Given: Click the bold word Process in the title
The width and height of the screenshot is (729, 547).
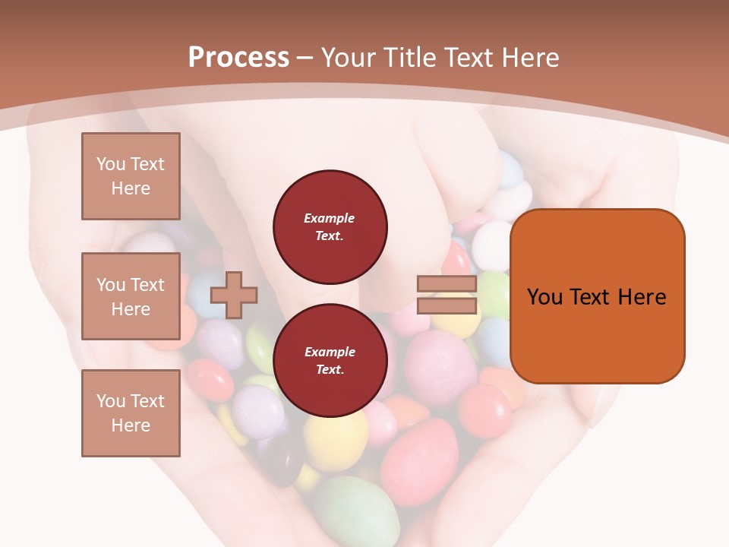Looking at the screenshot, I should pos(238,58).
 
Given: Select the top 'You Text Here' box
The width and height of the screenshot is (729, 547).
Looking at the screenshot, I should pos(131,176).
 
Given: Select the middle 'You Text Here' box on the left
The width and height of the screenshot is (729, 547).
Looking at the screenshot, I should pos(131,296).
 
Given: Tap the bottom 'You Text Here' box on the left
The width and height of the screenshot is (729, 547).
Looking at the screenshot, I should pos(131,413).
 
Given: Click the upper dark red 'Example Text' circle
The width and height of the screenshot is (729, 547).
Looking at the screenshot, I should pos(330,227).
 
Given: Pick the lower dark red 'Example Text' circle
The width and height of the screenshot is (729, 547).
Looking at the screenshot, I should pos(330,361).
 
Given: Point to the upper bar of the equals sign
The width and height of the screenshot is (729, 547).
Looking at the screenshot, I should pos(447,284).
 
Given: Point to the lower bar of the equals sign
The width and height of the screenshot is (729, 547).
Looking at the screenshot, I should pos(447,305).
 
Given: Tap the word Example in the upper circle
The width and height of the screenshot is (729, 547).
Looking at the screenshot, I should pos(329,218).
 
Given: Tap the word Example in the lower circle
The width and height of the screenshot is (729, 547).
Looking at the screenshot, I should pos(329,352).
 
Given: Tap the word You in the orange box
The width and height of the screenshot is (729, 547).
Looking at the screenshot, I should pos(544,297).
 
